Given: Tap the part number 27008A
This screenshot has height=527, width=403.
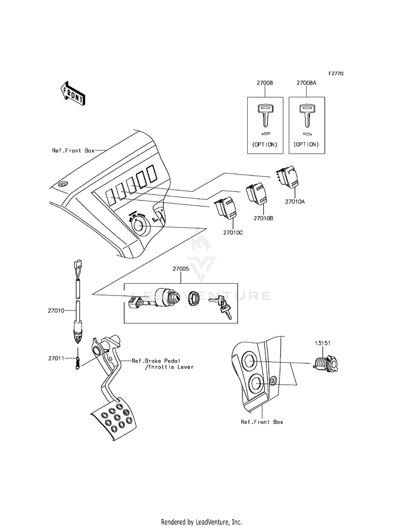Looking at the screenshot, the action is [306, 83].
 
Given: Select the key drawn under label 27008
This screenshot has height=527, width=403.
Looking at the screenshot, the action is [265, 115].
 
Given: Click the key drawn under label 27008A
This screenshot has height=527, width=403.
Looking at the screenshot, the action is [306, 115].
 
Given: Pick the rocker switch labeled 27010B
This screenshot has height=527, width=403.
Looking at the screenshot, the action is [257, 193].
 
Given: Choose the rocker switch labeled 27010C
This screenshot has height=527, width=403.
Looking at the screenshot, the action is [227, 207].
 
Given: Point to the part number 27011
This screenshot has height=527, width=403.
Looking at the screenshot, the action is [56, 358].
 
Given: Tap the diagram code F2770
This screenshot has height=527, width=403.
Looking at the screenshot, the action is [336, 73].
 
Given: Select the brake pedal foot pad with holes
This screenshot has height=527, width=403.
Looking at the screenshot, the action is [114, 418].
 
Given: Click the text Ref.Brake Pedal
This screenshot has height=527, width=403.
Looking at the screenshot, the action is [156, 360].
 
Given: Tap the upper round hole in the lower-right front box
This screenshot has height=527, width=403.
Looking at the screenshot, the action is [250, 362].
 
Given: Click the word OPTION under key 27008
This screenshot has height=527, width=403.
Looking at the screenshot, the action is [265, 145].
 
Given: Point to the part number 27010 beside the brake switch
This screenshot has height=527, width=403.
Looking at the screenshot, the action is [56, 311].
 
